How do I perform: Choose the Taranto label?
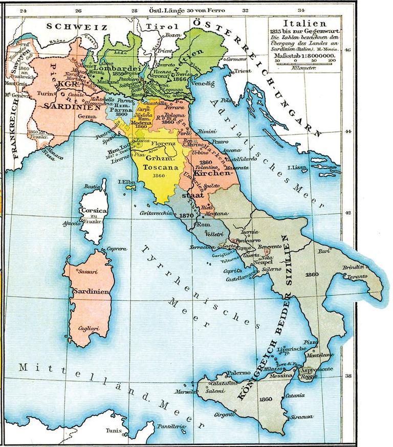[356, 276]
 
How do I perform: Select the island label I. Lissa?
[296, 168]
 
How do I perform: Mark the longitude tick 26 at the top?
[78, 10]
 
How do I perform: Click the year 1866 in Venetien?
[180, 79]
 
